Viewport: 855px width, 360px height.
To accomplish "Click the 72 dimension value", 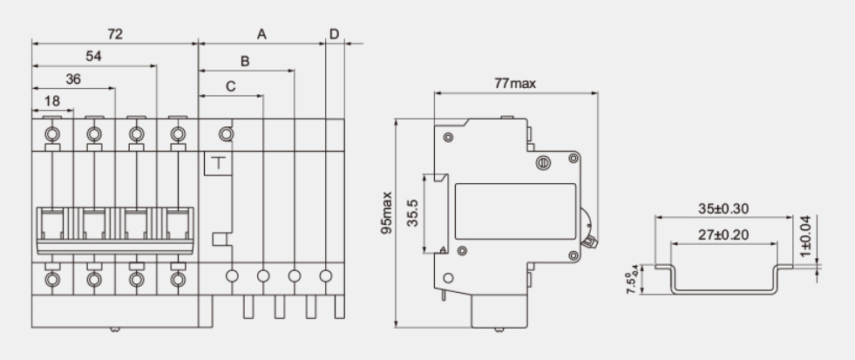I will pyautogui.click(x=114, y=34).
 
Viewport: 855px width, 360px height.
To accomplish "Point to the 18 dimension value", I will pyautogui.click(x=51, y=101).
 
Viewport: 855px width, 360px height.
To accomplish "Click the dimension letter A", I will pyautogui.click(x=261, y=34).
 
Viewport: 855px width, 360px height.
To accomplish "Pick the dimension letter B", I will pyautogui.click(x=245, y=62).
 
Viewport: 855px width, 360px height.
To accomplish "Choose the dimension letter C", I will pyautogui.click(x=230, y=85).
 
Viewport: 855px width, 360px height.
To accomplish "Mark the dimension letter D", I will pyautogui.click(x=334, y=34).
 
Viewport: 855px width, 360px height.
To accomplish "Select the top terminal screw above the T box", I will pyautogui.click(x=225, y=133).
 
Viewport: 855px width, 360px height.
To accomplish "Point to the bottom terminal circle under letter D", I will pyautogui.click(x=326, y=276).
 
